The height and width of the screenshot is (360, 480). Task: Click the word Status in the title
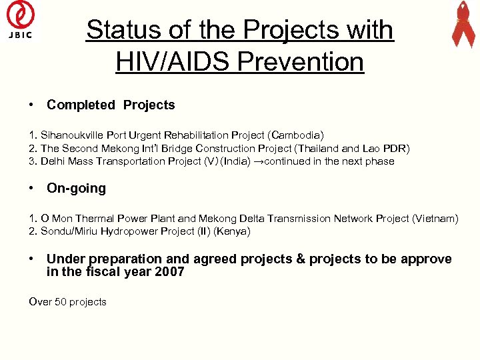[x=123, y=30]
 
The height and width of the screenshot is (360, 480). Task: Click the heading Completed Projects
[x=111, y=105]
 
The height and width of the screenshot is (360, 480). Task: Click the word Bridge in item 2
[x=176, y=148]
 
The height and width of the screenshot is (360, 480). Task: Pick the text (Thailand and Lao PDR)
[x=353, y=148]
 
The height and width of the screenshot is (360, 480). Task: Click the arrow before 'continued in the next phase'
[x=259, y=161]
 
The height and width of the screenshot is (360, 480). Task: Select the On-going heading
[x=76, y=189]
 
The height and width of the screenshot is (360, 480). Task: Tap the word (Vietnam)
[x=435, y=219]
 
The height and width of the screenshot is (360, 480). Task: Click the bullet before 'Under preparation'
[x=31, y=259]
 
